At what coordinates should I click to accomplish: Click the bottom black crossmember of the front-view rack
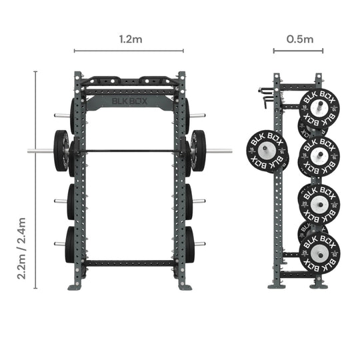point(129,263)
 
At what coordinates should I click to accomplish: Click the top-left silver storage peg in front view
point(61,115)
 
